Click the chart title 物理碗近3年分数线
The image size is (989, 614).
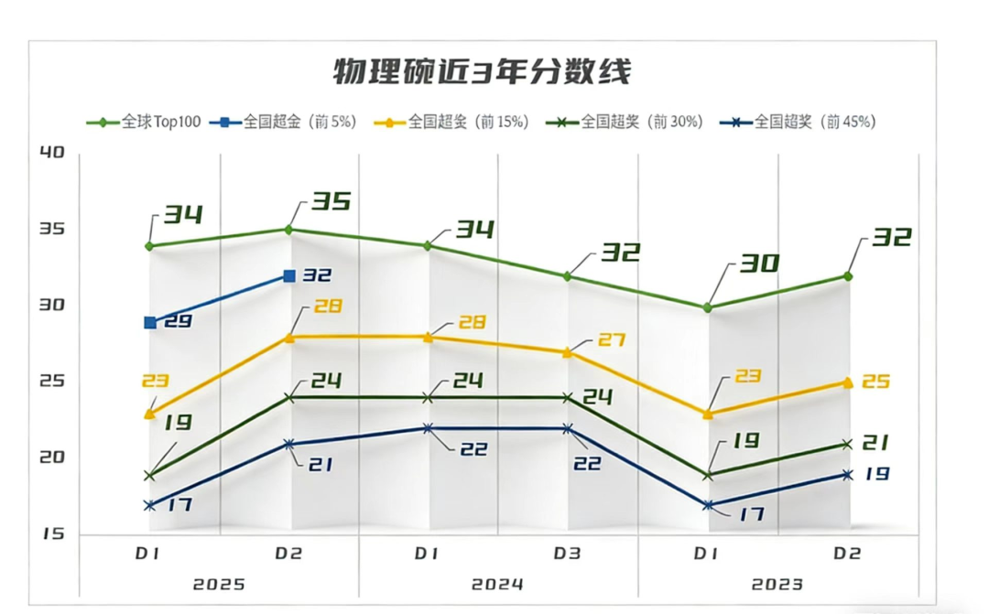point(481,71)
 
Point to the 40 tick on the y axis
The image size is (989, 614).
point(53,152)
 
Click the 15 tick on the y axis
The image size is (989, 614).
point(53,533)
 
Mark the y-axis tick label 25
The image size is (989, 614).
point(53,381)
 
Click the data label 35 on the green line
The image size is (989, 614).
point(331,200)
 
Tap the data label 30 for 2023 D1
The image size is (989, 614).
point(759,264)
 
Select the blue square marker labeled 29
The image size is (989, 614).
point(150,322)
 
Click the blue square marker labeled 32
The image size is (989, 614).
point(289,275)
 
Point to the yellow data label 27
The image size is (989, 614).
point(611,340)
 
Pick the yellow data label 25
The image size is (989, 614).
point(876,381)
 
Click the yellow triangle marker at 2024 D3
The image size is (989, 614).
point(568,352)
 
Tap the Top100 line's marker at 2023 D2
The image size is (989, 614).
point(848,275)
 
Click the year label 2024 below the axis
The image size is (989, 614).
point(497,584)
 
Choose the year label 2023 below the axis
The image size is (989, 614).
point(777,584)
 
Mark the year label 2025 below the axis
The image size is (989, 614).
point(219,584)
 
